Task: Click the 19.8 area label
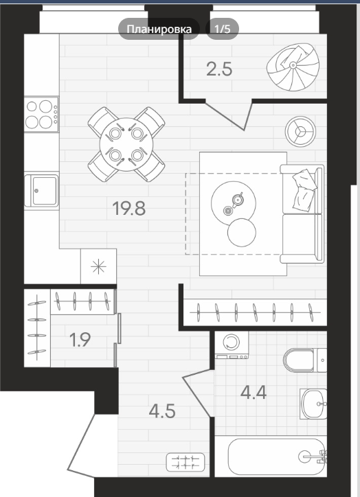click(x=129, y=209)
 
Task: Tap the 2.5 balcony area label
click(x=219, y=69)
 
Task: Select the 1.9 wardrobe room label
click(x=80, y=340)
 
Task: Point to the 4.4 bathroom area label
click(x=253, y=393)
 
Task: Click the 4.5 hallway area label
click(x=162, y=411)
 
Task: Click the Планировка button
click(x=159, y=29)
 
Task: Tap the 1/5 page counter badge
click(x=222, y=29)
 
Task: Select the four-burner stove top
click(x=41, y=114)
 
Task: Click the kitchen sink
click(x=41, y=191)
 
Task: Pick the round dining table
click(x=126, y=145)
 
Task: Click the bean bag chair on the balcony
click(x=293, y=67)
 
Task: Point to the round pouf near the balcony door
click(x=300, y=131)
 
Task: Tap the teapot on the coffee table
click(x=238, y=199)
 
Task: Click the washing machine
click(x=232, y=345)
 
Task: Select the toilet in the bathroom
click(x=305, y=360)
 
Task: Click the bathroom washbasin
click(x=313, y=404)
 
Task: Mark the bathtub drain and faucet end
click(x=313, y=456)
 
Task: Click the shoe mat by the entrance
click(x=185, y=462)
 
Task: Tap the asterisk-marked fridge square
click(x=98, y=266)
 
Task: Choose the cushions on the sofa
click(x=304, y=190)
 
